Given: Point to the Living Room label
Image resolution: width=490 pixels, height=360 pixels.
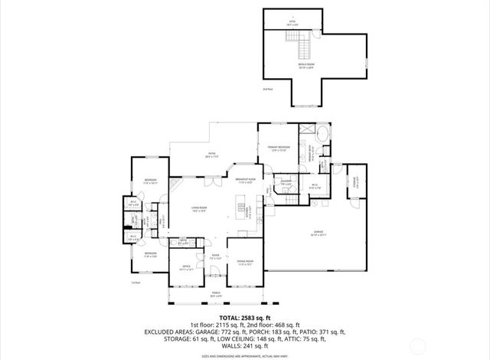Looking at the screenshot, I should click(200, 210).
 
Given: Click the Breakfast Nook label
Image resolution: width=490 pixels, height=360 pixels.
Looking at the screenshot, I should click(245, 182).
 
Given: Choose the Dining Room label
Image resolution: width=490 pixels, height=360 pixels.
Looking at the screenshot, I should click(244, 263).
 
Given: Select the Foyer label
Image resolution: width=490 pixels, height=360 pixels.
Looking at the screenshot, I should click(216, 257).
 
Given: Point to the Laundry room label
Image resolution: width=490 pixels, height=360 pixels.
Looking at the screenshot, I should click(285, 184).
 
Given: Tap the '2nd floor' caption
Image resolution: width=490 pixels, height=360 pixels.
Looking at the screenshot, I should click(267, 90).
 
